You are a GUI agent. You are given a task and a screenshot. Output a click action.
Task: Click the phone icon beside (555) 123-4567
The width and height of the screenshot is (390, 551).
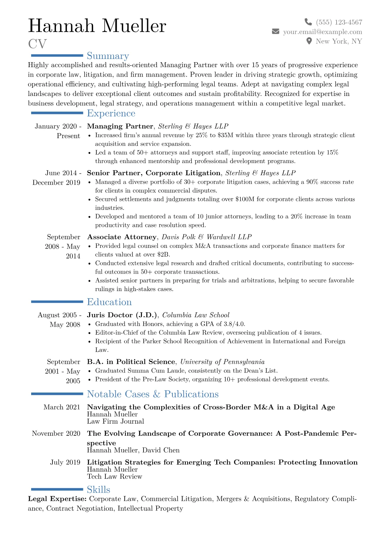pyautogui.click(x=308, y=22)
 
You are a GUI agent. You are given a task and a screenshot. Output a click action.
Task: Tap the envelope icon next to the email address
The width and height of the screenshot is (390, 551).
pyautogui.click(x=276, y=31)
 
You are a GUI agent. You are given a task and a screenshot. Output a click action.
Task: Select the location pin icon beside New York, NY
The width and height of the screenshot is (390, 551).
pyautogui.click(x=309, y=41)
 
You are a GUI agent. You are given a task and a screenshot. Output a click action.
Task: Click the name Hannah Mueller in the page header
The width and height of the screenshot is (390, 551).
pyautogui.click(x=97, y=26)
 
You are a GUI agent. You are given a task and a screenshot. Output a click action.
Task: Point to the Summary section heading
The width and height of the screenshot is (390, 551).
pyautogui.click(x=108, y=56)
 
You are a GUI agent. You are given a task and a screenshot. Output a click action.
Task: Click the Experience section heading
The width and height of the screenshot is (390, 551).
pyautogui.click(x=111, y=113)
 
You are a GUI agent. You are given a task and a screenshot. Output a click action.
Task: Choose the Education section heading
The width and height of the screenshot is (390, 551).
pyautogui.click(x=109, y=302)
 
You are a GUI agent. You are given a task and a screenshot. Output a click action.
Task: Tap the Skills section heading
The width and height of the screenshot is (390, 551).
pyautogui.click(x=98, y=489)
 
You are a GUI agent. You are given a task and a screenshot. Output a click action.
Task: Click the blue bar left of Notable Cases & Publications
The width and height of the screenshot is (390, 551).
pyautogui.click(x=57, y=394)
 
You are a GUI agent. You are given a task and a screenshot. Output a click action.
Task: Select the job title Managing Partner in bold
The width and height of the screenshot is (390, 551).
pyautogui.click(x=120, y=126)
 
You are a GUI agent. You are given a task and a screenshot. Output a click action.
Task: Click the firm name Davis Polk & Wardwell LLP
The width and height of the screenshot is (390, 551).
pyautogui.click(x=206, y=237)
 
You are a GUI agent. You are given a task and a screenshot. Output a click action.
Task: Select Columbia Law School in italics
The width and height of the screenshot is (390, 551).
pyautogui.click(x=196, y=315)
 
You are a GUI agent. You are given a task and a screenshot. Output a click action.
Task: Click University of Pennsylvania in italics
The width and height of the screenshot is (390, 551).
pyautogui.click(x=222, y=362)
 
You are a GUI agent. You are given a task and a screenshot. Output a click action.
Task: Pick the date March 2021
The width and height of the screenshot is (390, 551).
pyautogui.click(x=62, y=407)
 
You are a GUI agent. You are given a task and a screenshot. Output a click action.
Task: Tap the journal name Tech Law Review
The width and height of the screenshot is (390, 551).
pyautogui.click(x=114, y=476)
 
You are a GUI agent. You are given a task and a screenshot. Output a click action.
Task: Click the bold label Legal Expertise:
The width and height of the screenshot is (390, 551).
pyautogui.click(x=57, y=499)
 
